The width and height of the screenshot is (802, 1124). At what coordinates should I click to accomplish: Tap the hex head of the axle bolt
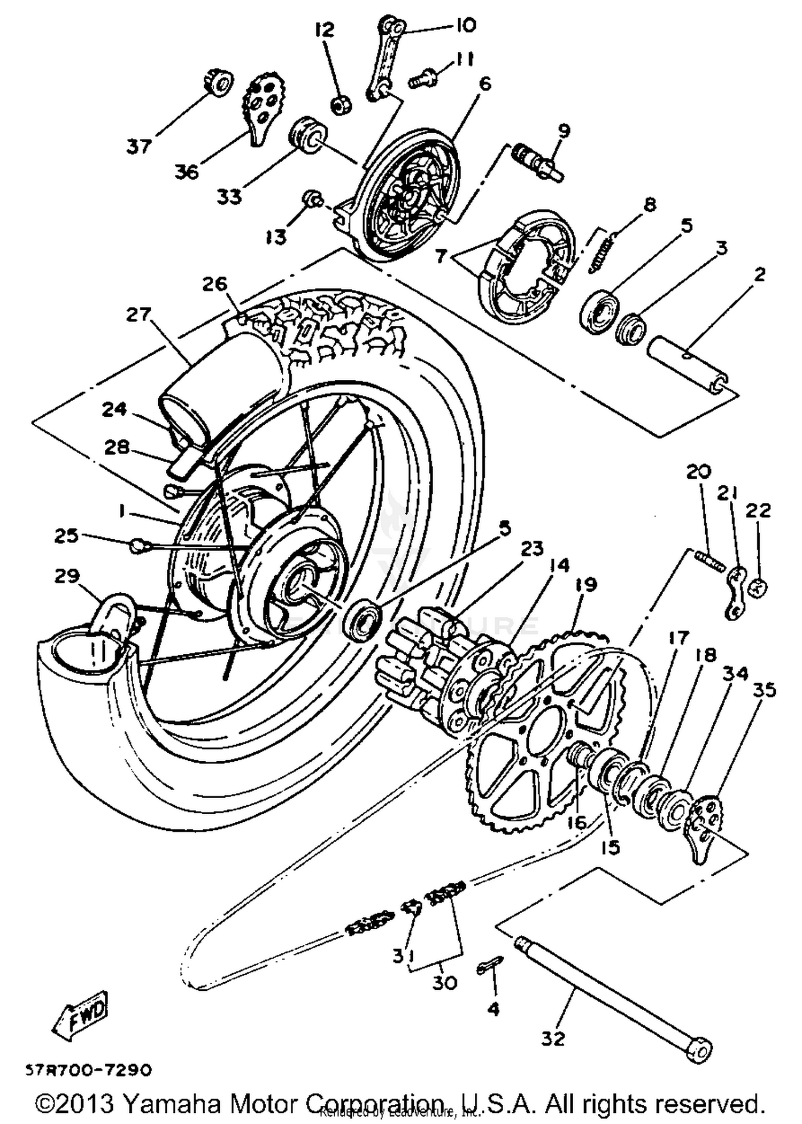[x=700, y=1050]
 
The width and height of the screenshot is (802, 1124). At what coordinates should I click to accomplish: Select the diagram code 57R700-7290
[x=89, y=1071]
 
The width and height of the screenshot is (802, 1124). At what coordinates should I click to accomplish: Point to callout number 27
[x=138, y=315]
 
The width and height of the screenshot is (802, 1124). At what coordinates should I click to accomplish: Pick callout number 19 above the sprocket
[x=586, y=585]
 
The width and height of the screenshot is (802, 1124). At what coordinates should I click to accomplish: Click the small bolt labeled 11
[x=422, y=78]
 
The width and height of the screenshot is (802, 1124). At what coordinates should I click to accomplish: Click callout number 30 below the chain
[x=444, y=983]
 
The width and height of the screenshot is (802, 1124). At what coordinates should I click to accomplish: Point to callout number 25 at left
[x=66, y=536]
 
